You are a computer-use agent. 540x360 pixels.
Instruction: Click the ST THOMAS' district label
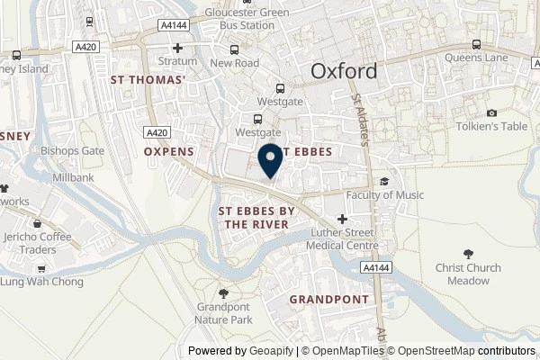point(148,80)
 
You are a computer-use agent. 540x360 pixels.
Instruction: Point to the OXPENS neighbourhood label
point(169,152)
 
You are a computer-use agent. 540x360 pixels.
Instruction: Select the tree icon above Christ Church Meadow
point(467,255)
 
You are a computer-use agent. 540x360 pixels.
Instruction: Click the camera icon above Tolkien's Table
point(491,112)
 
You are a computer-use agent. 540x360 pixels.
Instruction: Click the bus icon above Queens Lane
point(476,43)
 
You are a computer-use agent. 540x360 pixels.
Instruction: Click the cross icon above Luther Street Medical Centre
point(341,219)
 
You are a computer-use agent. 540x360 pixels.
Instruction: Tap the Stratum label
point(178,63)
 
